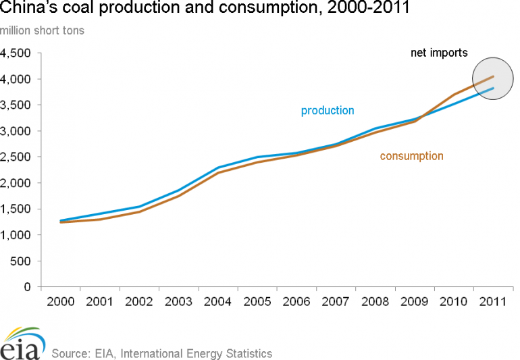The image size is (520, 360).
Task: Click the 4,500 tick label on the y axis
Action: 16,53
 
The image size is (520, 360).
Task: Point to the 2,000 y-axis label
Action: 16,183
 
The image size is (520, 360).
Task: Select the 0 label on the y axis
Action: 28,287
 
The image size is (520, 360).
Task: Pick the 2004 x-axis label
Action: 217,301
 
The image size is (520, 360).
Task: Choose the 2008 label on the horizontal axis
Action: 375,301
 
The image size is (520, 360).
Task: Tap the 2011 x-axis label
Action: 493,301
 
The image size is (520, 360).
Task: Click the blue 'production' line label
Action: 328,111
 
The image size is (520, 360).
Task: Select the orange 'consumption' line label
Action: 411,156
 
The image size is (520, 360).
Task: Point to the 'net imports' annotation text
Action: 440,53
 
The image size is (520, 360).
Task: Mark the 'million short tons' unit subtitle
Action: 43,31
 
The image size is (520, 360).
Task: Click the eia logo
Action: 22,344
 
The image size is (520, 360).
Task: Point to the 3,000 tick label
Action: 16,131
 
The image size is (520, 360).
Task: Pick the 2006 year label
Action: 296,301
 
